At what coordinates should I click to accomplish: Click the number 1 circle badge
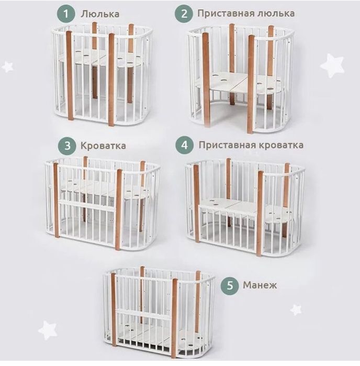tap(66, 14)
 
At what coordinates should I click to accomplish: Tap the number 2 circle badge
tap(184, 14)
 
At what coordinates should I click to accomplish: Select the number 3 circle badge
tap(67, 146)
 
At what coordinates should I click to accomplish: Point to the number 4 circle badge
tap(185, 145)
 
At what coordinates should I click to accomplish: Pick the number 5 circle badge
tap(230, 285)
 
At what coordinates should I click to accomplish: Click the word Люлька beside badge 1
tap(100, 14)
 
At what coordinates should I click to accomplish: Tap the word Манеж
tap(260, 285)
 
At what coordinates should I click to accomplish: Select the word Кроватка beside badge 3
tap(103, 146)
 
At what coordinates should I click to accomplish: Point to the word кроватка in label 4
tap(281, 145)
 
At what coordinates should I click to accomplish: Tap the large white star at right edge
tap(332, 66)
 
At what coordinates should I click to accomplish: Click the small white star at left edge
tap(7, 66)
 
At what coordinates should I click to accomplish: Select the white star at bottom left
tap(48, 330)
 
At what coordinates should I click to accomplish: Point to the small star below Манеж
tap(296, 310)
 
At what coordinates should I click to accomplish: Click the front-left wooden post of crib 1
tap(70, 75)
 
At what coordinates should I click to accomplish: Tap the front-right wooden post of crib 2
tap(251, 84)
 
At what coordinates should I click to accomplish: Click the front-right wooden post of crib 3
tap(119, 209)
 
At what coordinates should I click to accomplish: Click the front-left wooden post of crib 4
tap(197, 204)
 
